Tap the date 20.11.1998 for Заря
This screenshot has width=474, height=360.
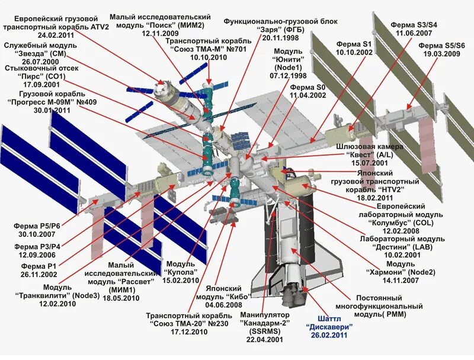(x=280, y=37)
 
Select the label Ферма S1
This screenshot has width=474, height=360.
(x=354, y=44)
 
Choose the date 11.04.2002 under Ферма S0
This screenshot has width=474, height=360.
(x=308, y=95)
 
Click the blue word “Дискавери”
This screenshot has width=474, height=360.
(x=329, y=326)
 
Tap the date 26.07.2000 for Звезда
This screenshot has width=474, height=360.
(x=40, y=61)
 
